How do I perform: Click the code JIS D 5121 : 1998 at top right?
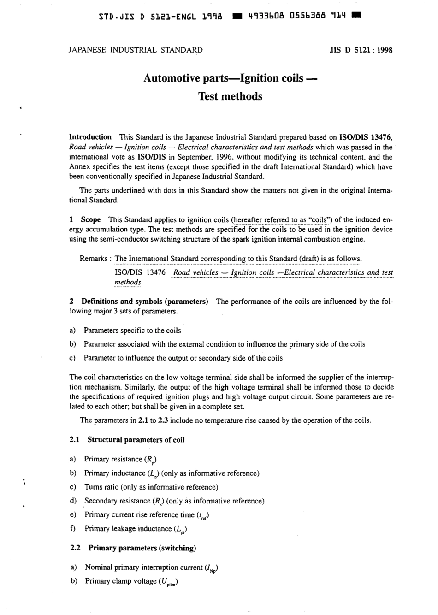(x=361, y=50)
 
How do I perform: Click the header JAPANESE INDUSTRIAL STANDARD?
(x=135, y=50)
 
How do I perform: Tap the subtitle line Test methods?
(x=230, y=96)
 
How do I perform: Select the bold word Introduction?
(x=90, y=137)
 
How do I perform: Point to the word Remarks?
(x=94, y=259)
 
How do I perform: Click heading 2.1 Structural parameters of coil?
(x=127, y=440)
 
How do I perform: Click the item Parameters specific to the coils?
(x=132, y=331)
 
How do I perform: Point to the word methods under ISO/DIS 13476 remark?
(x=128, y=282)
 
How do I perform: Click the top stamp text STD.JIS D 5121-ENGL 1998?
(x=161, y=17)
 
